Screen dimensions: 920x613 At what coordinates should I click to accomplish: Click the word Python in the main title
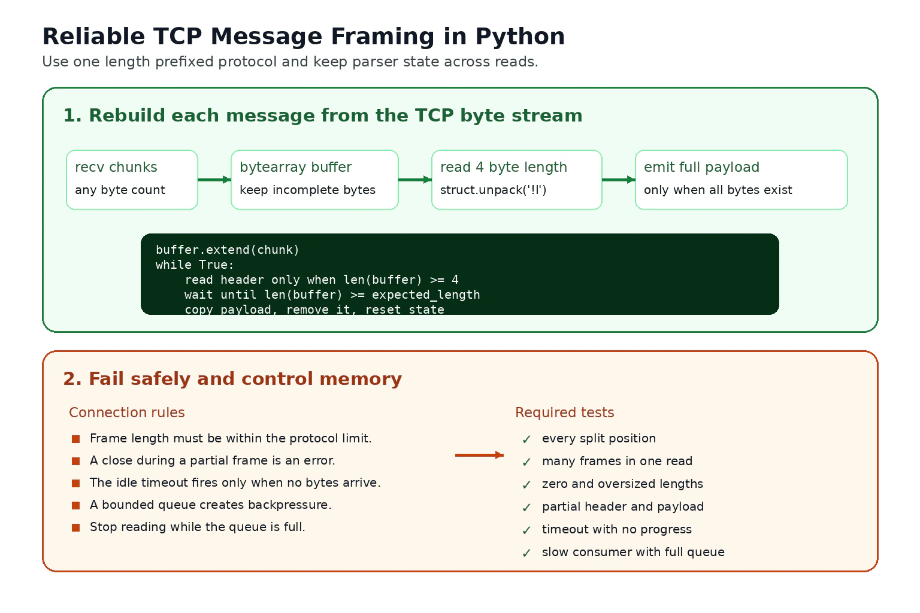[520, 37]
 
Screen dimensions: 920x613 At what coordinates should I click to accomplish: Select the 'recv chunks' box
[132, 180]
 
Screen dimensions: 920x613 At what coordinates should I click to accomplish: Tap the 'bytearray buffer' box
[314, 180]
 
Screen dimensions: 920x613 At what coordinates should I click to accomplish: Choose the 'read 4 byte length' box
[517, 180]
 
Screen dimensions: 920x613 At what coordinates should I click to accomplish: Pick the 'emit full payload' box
[742, 180]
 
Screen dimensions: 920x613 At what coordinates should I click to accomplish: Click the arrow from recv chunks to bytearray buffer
[214, 180]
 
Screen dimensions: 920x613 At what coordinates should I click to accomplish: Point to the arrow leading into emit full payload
[619, 180]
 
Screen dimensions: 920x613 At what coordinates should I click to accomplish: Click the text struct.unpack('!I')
[494, 190]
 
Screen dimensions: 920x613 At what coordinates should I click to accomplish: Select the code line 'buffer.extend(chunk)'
[228, 250]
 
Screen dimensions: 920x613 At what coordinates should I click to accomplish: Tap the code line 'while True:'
[195, 265]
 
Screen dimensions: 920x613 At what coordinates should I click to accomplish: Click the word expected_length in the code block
[426, 295]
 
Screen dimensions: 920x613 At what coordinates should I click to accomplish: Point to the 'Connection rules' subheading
[127, 412]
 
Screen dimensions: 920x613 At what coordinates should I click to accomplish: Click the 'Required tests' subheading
[565, 412]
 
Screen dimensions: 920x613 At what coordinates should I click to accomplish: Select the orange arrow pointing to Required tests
[479, 455]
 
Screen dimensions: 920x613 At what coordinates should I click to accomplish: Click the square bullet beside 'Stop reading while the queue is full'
[75, 527]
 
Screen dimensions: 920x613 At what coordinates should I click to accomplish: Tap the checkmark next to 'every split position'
[526, 439]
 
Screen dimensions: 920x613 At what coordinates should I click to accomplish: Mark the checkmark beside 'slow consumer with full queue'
[526, 553]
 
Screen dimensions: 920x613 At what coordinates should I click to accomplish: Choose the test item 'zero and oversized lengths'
[623, 484]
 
